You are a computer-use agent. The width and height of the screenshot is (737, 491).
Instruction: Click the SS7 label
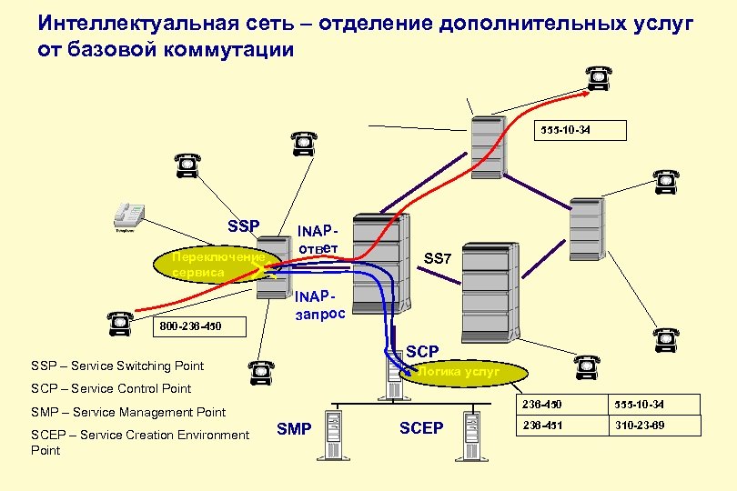438,259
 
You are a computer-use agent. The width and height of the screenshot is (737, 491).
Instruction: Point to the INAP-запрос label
318,305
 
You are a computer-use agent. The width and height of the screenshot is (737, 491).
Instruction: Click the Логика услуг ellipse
465,372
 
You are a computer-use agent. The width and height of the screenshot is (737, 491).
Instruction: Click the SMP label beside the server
294,428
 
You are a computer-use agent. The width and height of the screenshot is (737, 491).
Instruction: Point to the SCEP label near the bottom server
421,428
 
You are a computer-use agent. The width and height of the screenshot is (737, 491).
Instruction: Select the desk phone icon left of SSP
128,216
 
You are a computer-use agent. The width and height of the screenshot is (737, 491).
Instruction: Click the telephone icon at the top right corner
597,78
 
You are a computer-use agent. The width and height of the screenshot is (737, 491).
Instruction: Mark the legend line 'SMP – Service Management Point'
128,412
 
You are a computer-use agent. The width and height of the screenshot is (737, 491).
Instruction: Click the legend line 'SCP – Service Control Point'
111,388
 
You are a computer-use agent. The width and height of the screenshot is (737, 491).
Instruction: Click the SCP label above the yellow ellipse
422,351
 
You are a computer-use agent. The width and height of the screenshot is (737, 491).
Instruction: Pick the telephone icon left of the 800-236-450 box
119,319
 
